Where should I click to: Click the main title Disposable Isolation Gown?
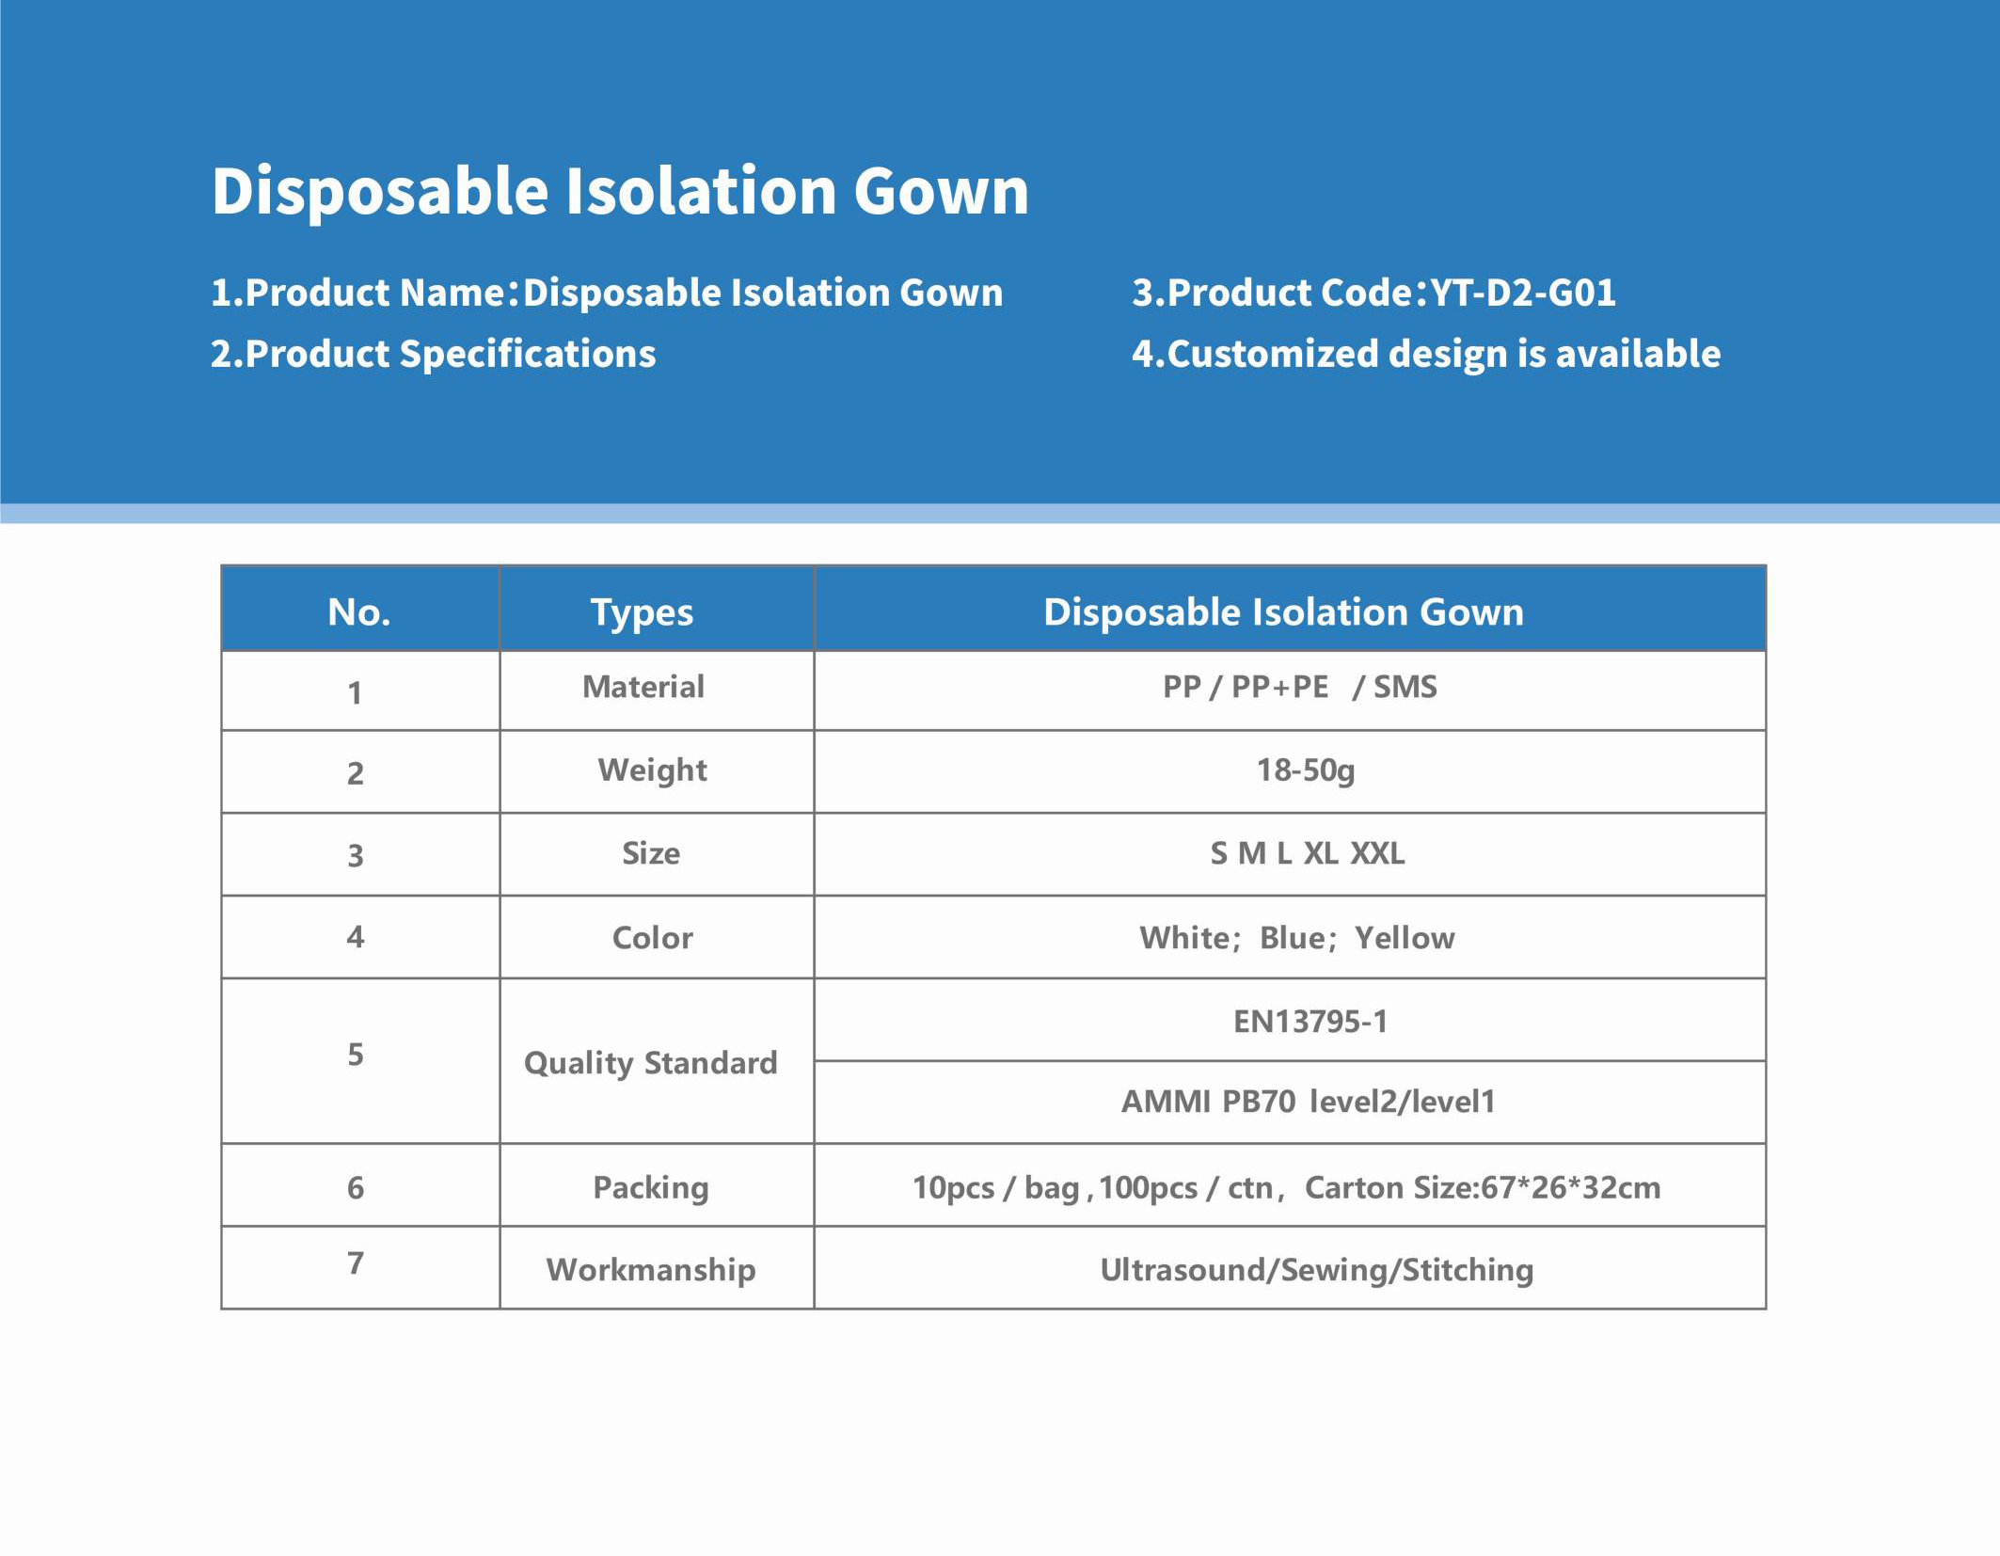[x=620, y=192]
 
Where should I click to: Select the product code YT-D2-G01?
[x=1523, y=293]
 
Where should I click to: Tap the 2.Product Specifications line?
[x=433, y=355]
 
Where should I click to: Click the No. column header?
[x=359, y=612]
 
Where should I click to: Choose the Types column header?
[x=642, y=613]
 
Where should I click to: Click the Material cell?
[x=643, y=687]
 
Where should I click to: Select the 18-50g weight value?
[x=1306, y=770]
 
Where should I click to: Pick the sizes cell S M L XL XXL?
[x=1308, y=853]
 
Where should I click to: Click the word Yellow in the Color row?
[x=1405, y=938]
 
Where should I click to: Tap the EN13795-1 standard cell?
[x=1310, y=1022]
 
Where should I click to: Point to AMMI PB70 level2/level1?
[x=1308, y=1102]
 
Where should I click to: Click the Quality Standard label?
[x=651, y=1064]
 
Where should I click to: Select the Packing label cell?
[x=651, y=1188]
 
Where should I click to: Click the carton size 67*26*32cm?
[x=1571, y=1188]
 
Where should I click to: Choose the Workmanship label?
[x=651, y=1270]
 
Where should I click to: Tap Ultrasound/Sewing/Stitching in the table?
[x=1317, y=1271]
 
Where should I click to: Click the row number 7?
[x=356, y=1263]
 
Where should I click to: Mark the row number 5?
[x=356, y=1055]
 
